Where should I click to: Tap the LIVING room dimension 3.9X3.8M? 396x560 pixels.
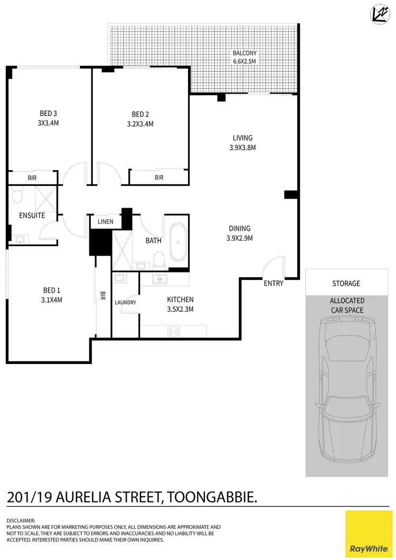242,148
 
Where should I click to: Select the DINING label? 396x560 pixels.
240,229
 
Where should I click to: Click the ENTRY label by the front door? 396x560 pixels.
274,284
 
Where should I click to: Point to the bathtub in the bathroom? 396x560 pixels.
177,243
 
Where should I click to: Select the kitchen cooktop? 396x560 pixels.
174,332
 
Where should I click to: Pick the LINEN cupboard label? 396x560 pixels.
105,222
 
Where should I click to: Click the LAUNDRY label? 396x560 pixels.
125,303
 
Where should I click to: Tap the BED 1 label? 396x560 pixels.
51,290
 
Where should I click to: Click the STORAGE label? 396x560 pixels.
346,284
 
